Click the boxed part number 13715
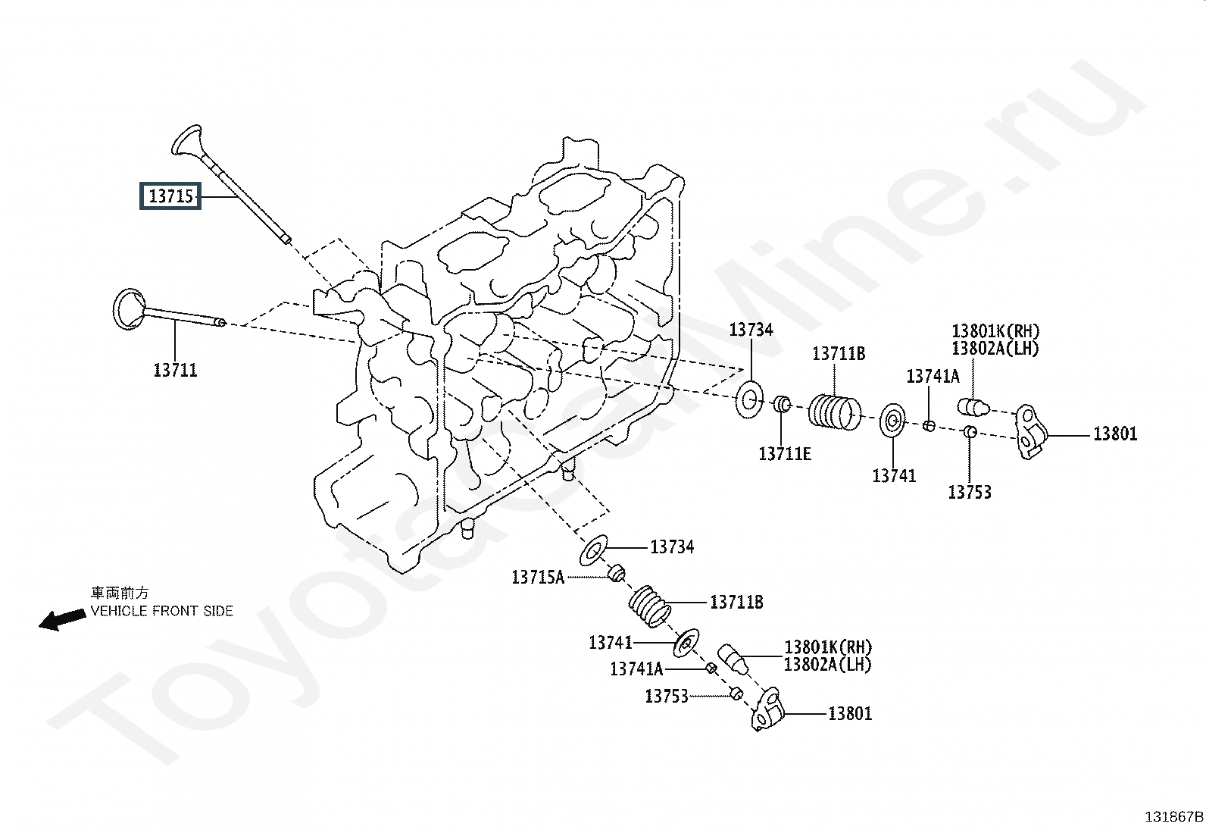pyautogui.click(x=170, y=196)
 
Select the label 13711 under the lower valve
pyautogui.click(x=176, y=370)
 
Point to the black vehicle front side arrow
pyautogui.click(x=62, y=619)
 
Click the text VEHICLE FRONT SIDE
pyautogui.click(x=161, y=611)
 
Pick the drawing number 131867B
pyautogui.click(x=1173, y=817)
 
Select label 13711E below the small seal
pyautogui.click(x=785, y=454)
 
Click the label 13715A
pyautogui.click(x=538, y=578)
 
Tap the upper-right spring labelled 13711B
pyautogui.click(x=835, y=413)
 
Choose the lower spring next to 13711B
pyautogui.click(x=650, y=606)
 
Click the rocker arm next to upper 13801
pyautogui.click(x=1032, y=432)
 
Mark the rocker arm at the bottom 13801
pyautogui.click(x=767, y=709)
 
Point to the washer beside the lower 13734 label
pyautogui.click(x=593, y=550)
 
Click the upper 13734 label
pyautogui.click(x=751, y=330)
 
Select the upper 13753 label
pyautogui.click(x=970, y=492)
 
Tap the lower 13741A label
pyautogui.click(x=636, y=669)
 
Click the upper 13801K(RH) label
pyautogui.click(x=995, y=330)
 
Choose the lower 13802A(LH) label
pyautogui.click(x=827, y=665)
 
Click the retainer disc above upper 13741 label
pyautogui.click(x=892, y=420)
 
